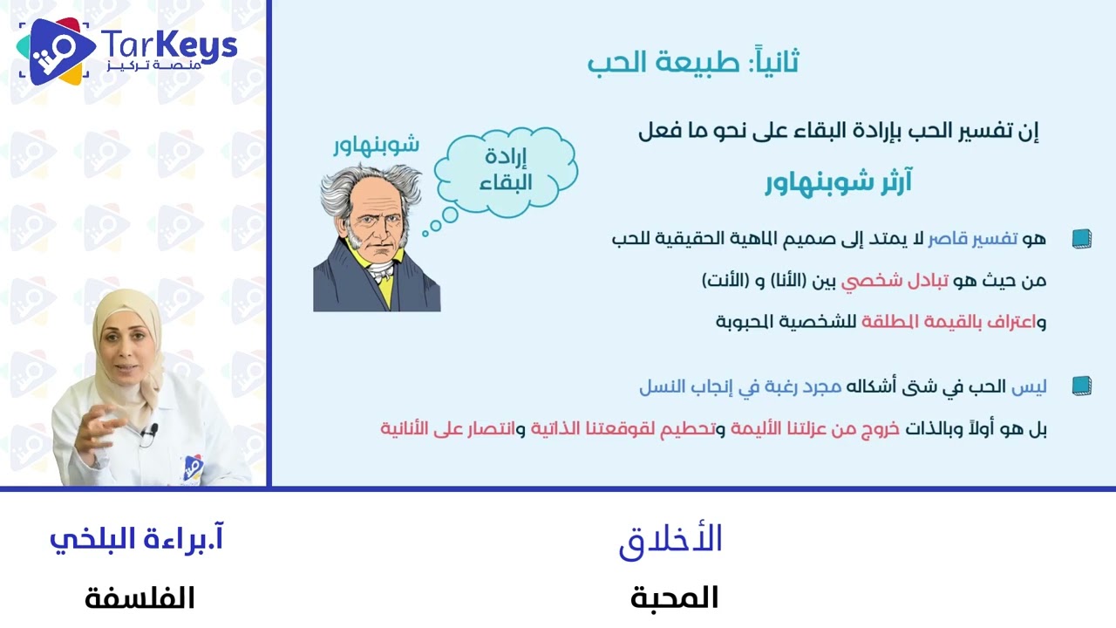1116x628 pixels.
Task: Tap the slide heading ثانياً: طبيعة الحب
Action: (693, 63)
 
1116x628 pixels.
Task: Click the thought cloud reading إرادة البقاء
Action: (507, 171)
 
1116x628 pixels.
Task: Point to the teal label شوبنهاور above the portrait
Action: (376, 144)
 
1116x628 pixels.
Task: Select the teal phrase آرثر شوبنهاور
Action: (838, 183)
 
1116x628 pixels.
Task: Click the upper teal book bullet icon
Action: (1081, 238)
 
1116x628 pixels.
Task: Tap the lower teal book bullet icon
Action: (1081, 386)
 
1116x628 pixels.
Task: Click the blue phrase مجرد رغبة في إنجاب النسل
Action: (740, 386)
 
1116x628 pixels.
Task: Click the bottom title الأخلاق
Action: (670, 540)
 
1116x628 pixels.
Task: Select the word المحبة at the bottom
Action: (674, 597)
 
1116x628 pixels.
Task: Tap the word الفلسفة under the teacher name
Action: (139, 598)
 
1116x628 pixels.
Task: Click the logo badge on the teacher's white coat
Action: (193, 468)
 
